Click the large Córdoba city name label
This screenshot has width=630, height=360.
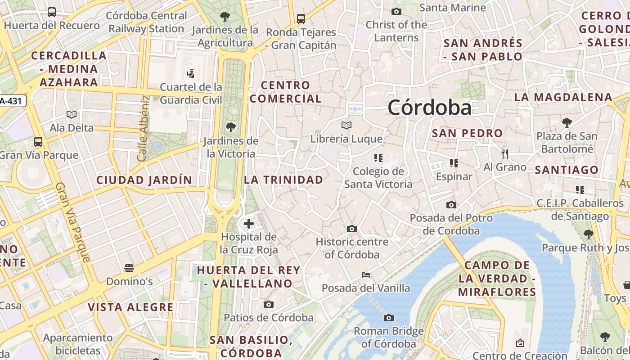coord(429,108)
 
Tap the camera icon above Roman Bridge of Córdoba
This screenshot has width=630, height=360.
coord(389,318)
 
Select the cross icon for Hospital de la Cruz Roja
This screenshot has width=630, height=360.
coord(248,223)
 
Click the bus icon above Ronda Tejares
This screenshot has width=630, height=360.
coord(301,19)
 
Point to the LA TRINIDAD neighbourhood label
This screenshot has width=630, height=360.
coord(283,180)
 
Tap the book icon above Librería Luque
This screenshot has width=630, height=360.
coord(346,125)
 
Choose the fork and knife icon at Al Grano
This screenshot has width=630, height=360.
coord(505,154)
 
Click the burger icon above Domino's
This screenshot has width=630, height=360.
coord(129,269)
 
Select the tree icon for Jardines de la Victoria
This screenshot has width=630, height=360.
coord(231,127)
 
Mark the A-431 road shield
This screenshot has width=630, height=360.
coord(12,101)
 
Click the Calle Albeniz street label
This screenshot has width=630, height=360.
coord(144,129)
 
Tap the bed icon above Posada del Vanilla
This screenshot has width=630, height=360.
coord(366,274)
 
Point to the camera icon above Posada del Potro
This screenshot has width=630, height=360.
coord(451,205)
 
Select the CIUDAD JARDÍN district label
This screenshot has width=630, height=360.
coord(144,180)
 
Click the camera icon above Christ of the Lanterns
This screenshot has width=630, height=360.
coord(396,11)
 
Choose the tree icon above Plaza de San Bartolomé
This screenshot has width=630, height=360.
coord(567,122)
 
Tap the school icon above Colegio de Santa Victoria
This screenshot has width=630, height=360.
coord(378,158)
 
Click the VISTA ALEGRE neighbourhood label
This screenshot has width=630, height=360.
coord(130,307)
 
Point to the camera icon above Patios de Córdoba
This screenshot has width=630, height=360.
coord(269,305)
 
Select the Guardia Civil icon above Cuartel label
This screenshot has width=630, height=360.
coord(191,73)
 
